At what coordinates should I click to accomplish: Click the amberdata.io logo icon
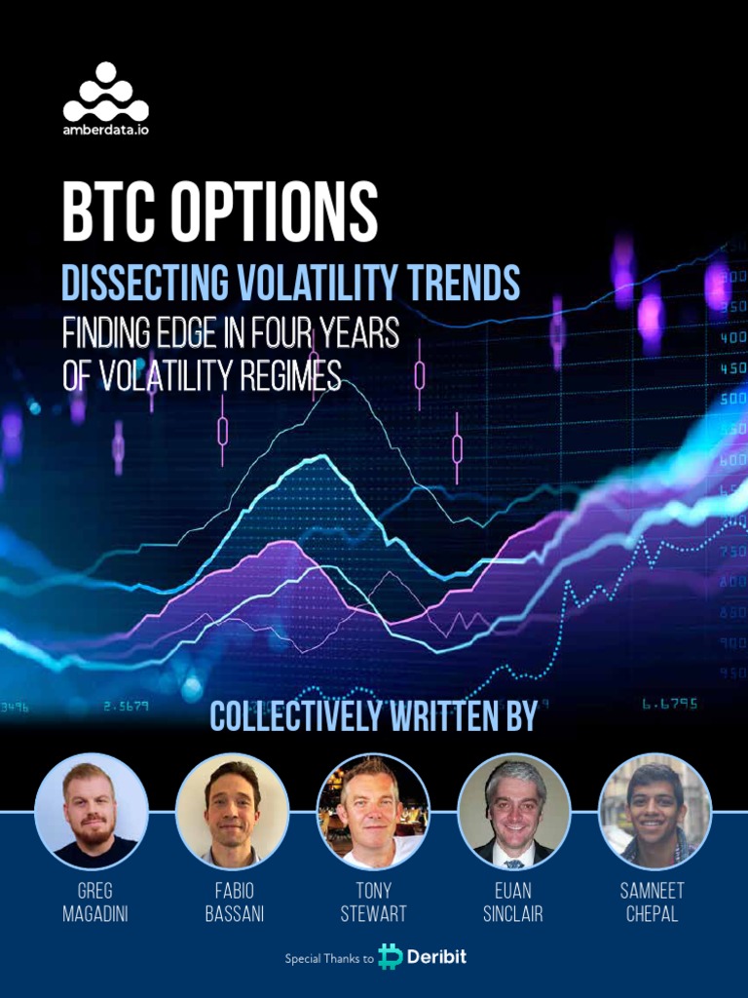pyautogui.click(x=105, y=92)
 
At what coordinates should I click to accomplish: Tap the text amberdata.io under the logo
pyautogui.click(x=105, y=130)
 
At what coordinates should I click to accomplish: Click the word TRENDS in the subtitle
pyautogui.click(x=459, y=282)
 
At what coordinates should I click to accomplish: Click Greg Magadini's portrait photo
pyautogui.click(x=92, y=811)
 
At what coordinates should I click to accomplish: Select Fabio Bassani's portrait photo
pyautogui.click(x=232, y=811)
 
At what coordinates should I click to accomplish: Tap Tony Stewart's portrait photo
pyautogui.click(x=373, y=811)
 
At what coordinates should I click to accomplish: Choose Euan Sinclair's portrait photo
pyautogui.click(x=514, y=811)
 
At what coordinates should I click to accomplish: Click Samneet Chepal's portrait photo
pyautogui.click(x=654, y=811)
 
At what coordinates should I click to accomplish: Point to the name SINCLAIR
pyautogui.click(x=513, y=914)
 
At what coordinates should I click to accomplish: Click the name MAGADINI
pyautogui.click(x=93, y=914)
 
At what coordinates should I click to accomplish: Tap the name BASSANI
pyautogui.click(x=234, y=914)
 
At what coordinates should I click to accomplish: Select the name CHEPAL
pyautogui.click(x=654, y=914)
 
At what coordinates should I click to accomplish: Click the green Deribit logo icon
pyautogui.click(x=392, y=956)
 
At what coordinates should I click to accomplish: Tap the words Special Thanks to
pyautogui.click(x=329, y=959)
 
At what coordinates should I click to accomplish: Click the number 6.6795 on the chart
pyautogui.click(x=669, y=704)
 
